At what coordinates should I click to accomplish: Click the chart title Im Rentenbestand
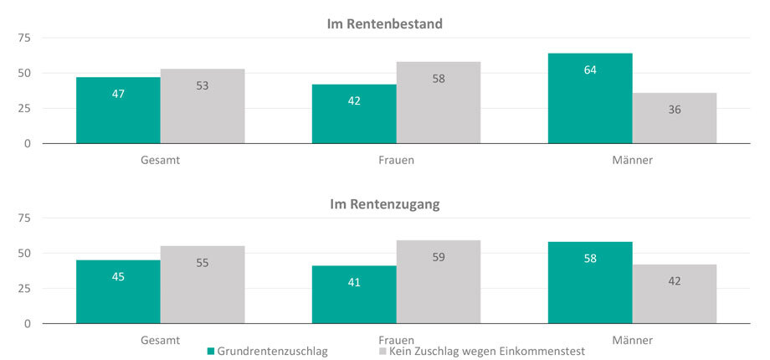(x=384, y=23)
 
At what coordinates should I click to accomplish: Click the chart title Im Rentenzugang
(x=384, y=203)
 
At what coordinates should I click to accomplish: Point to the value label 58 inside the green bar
(x=590, y=259)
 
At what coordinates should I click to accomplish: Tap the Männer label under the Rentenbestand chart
(x=632, y=160)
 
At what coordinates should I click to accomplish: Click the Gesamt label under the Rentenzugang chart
(x=160, y=340)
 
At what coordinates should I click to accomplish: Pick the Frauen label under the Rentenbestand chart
(x=396, y=160)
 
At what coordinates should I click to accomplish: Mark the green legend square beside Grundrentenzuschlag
(x=210, y=352)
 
